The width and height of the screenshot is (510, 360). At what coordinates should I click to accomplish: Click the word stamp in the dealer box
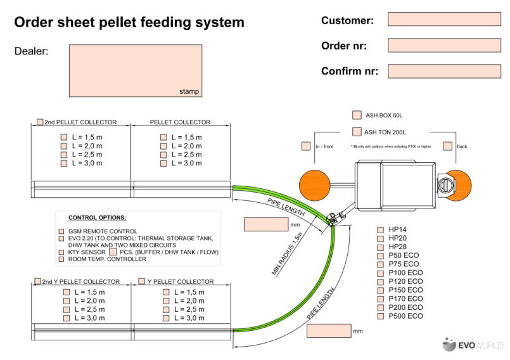point(189,92)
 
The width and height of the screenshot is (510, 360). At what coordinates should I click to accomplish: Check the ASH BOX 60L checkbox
point(357,115)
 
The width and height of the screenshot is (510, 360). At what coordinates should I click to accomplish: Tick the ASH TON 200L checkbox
point(357,132)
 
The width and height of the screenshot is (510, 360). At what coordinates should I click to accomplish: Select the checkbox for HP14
point(381,229)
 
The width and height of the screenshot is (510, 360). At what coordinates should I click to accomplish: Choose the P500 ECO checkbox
point(381,316)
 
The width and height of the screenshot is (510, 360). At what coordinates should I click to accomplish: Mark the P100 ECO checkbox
point(381,273)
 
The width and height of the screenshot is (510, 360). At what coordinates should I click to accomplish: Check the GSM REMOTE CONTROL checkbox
point(61,231)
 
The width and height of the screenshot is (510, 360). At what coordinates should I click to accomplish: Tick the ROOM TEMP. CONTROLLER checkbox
point(61,259)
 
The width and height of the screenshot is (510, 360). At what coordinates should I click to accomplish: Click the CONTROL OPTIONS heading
point(97,217)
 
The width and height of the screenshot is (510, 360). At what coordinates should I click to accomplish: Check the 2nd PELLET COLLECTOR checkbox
point(40,122)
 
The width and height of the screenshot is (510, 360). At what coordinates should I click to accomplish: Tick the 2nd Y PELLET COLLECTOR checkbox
point(39,281)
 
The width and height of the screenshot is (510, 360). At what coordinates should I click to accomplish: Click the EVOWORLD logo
point(473,345)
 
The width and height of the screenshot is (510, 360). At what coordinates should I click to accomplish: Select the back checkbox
point(448,146)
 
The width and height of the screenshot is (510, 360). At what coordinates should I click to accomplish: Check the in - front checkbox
point(306,146)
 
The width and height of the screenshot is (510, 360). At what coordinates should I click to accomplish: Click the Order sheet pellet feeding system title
point(129,22)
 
